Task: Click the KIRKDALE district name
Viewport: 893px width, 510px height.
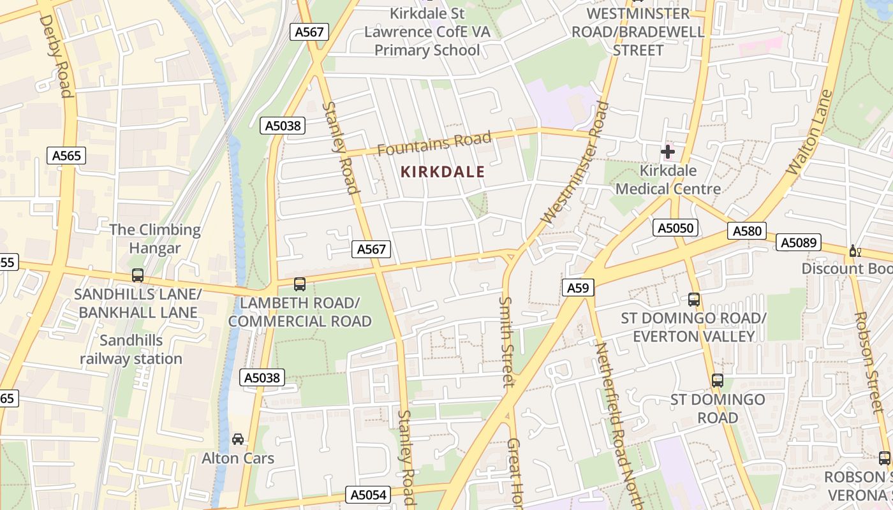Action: (443, 171)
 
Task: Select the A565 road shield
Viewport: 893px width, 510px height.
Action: (66, 156)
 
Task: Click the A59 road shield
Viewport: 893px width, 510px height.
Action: (578, 288)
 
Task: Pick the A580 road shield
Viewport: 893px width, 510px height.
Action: (747, 231)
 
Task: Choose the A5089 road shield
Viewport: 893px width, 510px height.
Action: (799, 242)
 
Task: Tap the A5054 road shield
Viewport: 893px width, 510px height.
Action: (369, 495)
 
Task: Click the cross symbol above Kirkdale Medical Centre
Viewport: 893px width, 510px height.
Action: (668, 152)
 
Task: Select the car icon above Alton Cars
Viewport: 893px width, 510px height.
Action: (238, 439)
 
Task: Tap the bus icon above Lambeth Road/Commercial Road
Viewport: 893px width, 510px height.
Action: (299, 284)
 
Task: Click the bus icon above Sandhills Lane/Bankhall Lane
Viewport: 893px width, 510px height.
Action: (137, 275)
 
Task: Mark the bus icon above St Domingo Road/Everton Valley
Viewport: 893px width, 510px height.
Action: (694, 299)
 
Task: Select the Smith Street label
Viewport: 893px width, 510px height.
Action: (507, 342)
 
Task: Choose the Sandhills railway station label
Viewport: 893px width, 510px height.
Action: (131, 349)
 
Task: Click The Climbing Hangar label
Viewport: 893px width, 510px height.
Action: (155, 238)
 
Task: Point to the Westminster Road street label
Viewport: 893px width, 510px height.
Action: (574, 165)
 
